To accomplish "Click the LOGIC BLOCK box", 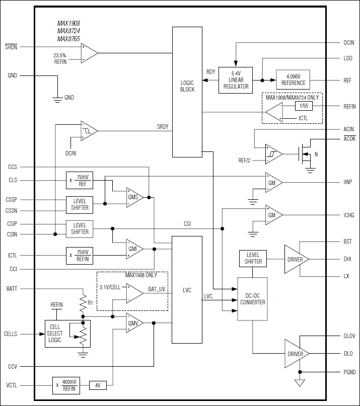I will click(x=187, y=92).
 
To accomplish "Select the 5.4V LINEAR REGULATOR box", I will click(x=236, y=80).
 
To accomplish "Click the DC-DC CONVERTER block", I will click(x=252, y=299).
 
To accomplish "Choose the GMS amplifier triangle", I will click(x=134, y=197).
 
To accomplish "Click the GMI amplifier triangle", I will click(x=134, y=249).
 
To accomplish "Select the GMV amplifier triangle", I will click(x=134, y=323).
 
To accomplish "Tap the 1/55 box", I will click(x=305, y=106).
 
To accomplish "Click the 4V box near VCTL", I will click(x=97, y=385).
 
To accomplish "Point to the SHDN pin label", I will click(x=11, y=47).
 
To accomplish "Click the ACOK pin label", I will click(x=349, y=138).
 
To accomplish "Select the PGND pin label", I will click(x=349, y=372).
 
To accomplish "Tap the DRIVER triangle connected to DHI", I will click(x=296, y=259).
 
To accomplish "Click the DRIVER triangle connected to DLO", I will click(x=296, y=354).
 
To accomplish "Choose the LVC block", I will click(x=187, y=290).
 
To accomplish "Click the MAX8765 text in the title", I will click(x=68, y=39).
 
